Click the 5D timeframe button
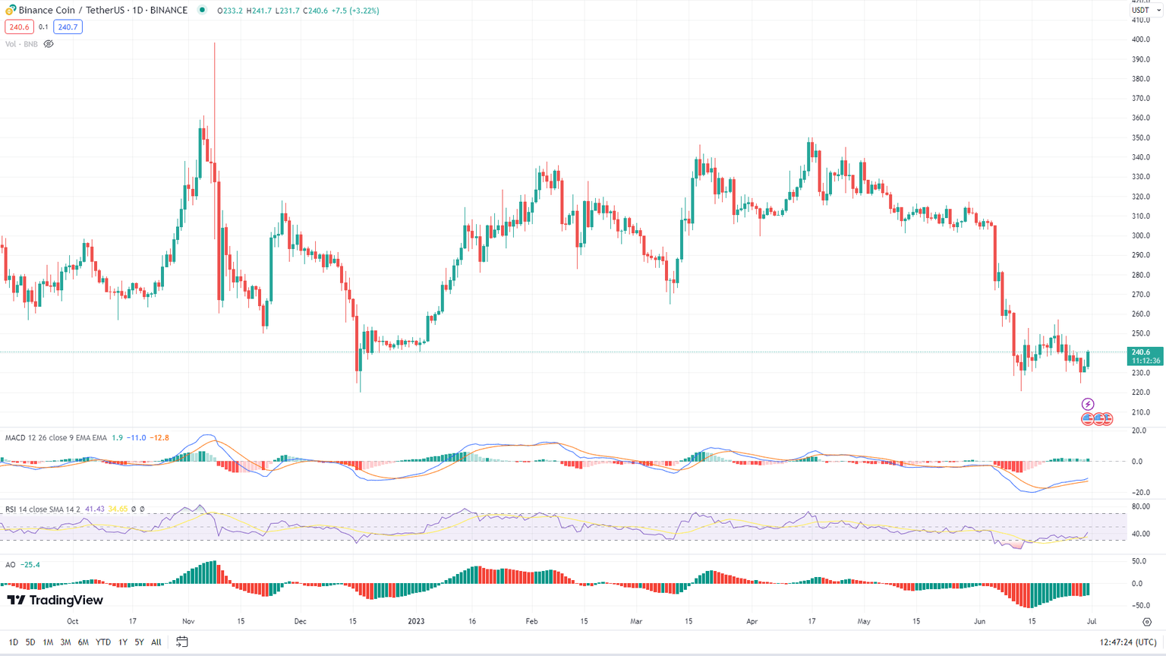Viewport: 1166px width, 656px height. (x=30, y=642)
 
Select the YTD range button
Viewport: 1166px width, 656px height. (x=102, y=642)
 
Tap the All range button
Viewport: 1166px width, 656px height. (x=156, y=642)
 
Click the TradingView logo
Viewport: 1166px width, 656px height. (x=55, y=601)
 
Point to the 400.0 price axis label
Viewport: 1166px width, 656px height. (x=1140, y=39)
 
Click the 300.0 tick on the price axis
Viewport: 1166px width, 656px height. (x=1140, y=235)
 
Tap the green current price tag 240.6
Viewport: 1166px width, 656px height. (x=1144, y=356)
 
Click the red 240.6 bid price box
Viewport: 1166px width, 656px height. (x=19, y=27)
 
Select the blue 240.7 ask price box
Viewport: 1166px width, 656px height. (x=68, y=27)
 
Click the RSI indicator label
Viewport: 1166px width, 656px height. (x=11, y=509)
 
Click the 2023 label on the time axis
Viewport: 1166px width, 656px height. (x=416, y=621)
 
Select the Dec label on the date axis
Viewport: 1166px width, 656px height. (x=300, y=621)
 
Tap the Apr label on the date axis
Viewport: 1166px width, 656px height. (x=752, y=621)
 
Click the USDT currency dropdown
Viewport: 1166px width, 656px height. (x=1145, y=10)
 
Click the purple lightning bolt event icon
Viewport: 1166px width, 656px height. (x=1088, y=405)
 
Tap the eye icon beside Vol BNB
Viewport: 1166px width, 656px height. (x=49, y=44)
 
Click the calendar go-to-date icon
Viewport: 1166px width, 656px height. (x=182, y=642)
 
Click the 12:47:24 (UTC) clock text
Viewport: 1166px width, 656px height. (x=1128, y=642)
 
